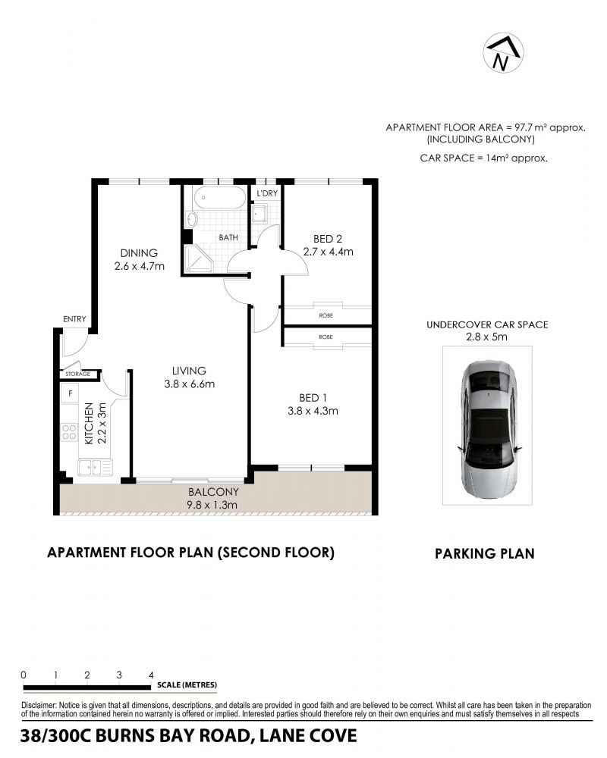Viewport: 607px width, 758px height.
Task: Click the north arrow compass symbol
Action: [503, 53]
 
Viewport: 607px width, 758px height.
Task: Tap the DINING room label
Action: [139, 253]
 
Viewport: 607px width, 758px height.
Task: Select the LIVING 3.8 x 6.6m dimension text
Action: [189, 384]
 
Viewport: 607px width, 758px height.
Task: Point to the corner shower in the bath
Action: [198, 258]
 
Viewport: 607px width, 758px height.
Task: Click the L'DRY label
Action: [267, 193]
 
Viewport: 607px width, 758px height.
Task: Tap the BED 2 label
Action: [328, 239]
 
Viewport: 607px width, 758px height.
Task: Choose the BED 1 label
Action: [313, 398]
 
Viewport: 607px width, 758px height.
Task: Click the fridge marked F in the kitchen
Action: [70, 393]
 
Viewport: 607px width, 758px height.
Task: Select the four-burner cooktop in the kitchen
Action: [69, 431]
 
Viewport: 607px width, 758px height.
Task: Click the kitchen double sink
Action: [95, 468]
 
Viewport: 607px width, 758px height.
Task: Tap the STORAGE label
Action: [78, 374]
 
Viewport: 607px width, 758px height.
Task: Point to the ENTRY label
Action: [74, 319]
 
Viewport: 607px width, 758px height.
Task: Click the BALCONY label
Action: [213, 492]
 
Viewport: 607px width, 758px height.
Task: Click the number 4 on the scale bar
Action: [151, 675]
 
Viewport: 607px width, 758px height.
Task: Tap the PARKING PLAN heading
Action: [485, 553]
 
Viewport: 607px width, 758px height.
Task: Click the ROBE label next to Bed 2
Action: [326, 315]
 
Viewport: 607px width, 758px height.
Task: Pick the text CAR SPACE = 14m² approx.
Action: [484, 158]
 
